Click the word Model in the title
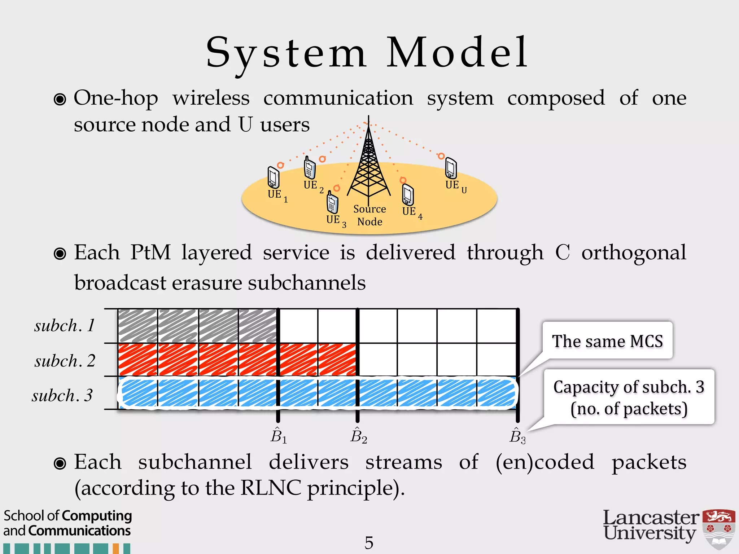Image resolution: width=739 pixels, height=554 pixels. tap(457, 53)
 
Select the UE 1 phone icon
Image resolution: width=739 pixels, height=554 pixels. tap(273, 177)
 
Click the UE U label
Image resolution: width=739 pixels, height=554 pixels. tap(456, 186)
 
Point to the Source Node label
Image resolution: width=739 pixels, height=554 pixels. tap(369, 215)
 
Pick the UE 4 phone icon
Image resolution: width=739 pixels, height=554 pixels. tap(408, 195)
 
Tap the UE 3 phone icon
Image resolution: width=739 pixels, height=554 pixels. tap(332, 203)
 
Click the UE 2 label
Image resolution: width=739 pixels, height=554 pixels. tap(313, 186)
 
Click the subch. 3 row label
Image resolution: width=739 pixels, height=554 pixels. tap(62, 395)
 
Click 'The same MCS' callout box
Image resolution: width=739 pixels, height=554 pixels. tap(607, 341)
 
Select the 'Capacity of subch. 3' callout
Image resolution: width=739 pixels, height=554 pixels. tap(629, 397)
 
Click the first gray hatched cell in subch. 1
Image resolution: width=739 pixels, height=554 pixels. tap(138, 326)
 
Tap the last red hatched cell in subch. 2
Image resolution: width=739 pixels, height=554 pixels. tap(337, 360)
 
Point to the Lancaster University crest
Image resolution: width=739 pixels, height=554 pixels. tap(719, 529)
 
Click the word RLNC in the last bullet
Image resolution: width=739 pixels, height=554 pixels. tap(270, 488)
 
